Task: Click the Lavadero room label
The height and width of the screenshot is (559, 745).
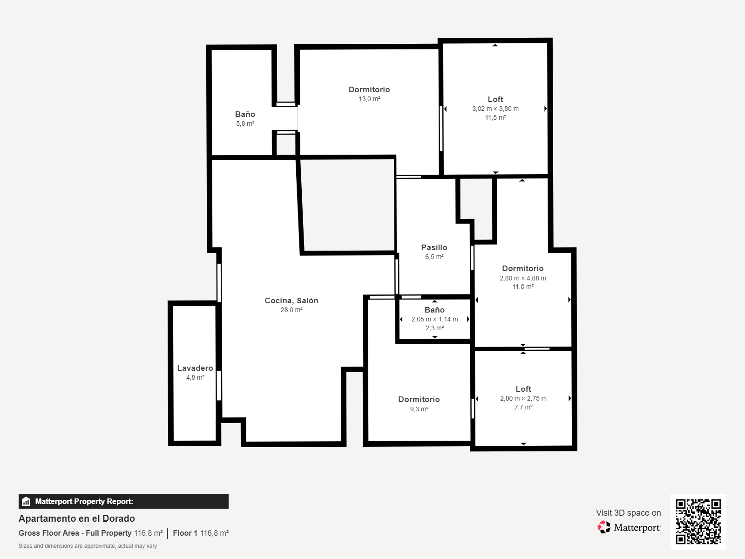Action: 195,368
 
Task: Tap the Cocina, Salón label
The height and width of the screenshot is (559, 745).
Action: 291,301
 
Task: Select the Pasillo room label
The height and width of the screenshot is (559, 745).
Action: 434,247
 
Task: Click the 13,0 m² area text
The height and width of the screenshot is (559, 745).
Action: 369,99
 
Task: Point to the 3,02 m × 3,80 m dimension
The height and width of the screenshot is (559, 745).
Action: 495,109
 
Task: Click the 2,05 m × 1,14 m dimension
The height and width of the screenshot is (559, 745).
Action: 434,319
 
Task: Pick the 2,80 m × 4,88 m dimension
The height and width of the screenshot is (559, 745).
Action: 523,278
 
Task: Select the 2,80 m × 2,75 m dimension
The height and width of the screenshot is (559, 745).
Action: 523,398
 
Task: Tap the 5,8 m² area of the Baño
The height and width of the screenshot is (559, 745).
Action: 245,123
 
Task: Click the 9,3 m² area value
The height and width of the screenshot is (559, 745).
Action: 419,409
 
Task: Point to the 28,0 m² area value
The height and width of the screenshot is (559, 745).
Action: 291,310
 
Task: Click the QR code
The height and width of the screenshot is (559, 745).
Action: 698,521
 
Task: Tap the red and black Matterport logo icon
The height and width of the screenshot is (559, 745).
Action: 604,527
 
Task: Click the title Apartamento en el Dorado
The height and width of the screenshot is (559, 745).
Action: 77,518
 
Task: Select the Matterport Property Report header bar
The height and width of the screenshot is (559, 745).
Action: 123,501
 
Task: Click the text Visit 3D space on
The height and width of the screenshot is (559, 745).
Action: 628,513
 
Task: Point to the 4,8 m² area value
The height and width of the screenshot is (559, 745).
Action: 195,377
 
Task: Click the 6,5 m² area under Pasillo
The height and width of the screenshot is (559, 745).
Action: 434,257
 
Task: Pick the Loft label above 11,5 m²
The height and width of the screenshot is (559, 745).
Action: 495,99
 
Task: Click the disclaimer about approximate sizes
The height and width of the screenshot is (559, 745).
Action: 88,546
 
